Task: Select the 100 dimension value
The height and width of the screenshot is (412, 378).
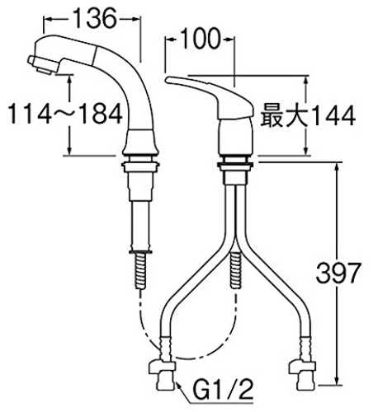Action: [x=201, y=39]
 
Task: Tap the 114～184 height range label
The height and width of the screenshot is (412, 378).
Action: [x=65, y=114]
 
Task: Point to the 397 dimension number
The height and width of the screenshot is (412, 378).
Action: [x=338, y=273]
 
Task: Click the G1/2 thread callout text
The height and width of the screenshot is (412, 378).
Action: [x=223, y=389]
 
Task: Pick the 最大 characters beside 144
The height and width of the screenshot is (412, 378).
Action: [x=283, y=115]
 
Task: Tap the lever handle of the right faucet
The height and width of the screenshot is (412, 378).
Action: [x=209, y=96]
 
